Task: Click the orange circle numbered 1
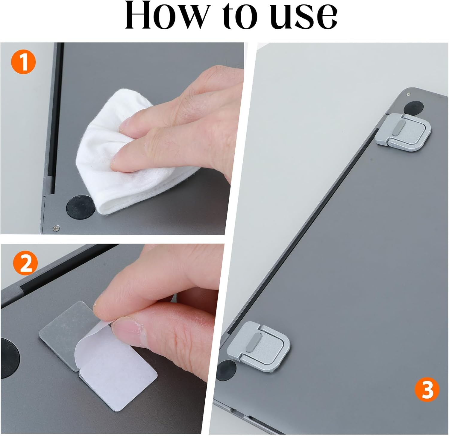coord(23,62)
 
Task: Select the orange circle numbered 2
coord(25,263)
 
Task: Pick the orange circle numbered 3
coord(427,390)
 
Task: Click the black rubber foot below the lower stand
coord(226,370)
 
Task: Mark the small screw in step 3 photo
coord(409,94)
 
